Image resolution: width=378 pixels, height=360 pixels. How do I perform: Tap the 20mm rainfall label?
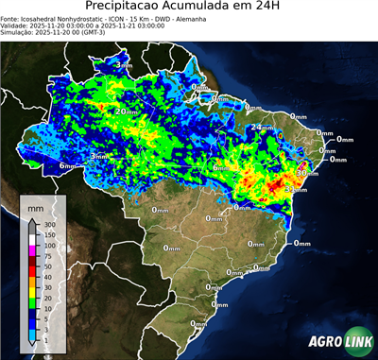pos(124,111)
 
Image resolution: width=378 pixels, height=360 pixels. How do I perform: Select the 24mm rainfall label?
pos(259,127)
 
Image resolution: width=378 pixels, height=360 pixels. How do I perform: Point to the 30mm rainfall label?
pos(305,173)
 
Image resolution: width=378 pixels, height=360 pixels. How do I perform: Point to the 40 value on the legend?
pos(49,276)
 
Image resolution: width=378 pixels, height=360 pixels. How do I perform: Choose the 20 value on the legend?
pos(49,297)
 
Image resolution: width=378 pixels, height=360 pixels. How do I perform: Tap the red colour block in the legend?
pos(31,271)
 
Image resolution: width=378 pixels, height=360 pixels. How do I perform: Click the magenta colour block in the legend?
pos(31,250)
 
